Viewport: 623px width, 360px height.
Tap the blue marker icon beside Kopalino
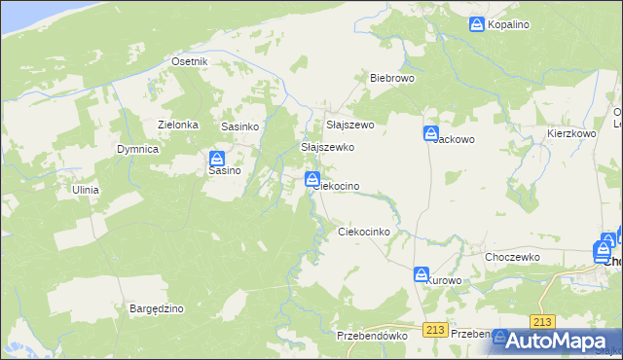[477, 24]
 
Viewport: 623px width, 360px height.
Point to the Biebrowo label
[392, 77]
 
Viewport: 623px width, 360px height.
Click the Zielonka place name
[178, 125]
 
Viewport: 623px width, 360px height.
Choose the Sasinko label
[239, 126]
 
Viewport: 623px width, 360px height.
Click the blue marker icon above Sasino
[217, 158]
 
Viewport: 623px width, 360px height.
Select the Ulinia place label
[85, 190]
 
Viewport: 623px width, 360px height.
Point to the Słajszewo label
[350, 126]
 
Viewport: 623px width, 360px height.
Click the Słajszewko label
[327, 147]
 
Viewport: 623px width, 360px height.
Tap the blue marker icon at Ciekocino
[312, 178]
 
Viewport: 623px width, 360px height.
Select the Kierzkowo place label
[571, 133]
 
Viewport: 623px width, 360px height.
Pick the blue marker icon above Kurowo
[421, 274]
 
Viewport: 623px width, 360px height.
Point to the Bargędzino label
[157, 308]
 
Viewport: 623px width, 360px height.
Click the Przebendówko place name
[371, 335]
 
